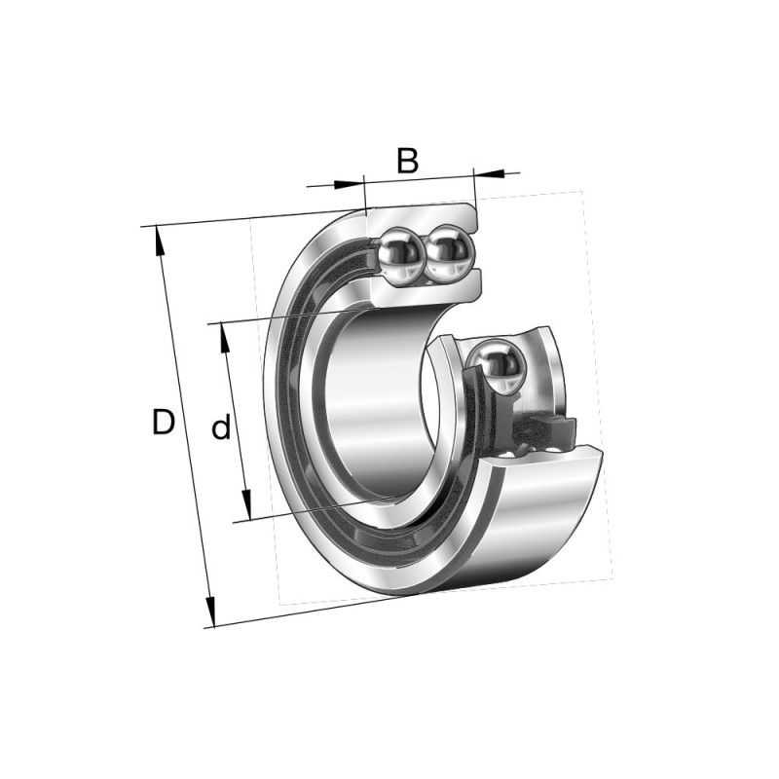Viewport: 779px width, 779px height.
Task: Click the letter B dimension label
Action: (x=407, y=160)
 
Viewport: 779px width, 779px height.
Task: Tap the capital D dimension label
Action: (x=164, y=423)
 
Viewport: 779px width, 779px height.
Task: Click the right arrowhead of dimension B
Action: (x=490, y=173)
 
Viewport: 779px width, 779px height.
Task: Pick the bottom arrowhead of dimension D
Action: (x=210, y=612)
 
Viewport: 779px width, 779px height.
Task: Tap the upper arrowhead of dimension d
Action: (x=225, y=338)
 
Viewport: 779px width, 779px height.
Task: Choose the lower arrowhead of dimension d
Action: (x=246, y=504)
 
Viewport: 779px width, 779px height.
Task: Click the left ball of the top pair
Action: (x=400, y=256)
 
